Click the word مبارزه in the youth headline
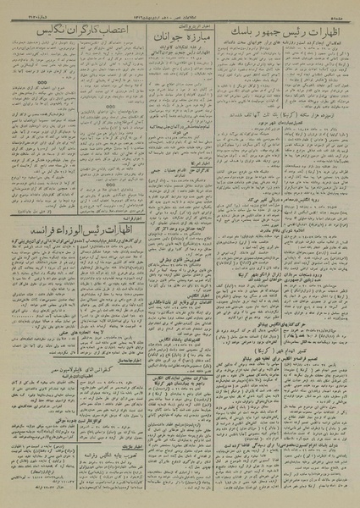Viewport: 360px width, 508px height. [x=194, y=38]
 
